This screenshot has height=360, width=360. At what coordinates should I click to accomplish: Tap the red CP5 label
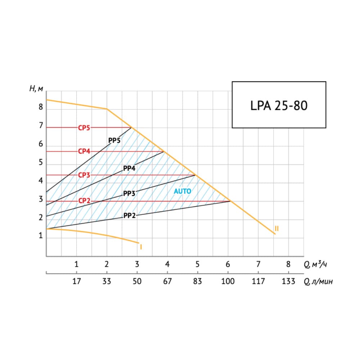[x=84, y=127]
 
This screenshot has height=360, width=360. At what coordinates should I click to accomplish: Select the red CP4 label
[x=84, y=151]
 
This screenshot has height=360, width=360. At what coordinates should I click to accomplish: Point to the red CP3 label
[x=84, y=175]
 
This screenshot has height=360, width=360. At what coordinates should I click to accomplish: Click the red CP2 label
[x=84, y=201]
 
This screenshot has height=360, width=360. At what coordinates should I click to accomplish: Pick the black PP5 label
[x=114, y=140]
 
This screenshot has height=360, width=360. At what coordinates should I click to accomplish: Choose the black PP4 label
[x=129, y=168]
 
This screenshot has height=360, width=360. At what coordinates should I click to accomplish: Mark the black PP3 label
[x=129, y=193]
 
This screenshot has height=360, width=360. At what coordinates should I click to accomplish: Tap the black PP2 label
[x=129, y=216]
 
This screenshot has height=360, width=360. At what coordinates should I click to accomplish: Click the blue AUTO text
[x=183, y=192]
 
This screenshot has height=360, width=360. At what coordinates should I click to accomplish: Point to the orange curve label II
[x=276, y=228]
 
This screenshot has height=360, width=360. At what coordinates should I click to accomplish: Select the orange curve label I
[x=141, y=247]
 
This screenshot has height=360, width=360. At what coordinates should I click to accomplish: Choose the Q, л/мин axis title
[x=318, y=282]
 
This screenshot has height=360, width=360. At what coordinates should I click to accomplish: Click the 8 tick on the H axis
[x=41, y=107]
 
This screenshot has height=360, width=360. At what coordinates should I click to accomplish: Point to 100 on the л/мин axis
[x=228, y=281]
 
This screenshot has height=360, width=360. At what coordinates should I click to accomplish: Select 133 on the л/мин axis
[x=288, y=281]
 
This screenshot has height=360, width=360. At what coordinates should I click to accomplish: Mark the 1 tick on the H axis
[x=41, y=236]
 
